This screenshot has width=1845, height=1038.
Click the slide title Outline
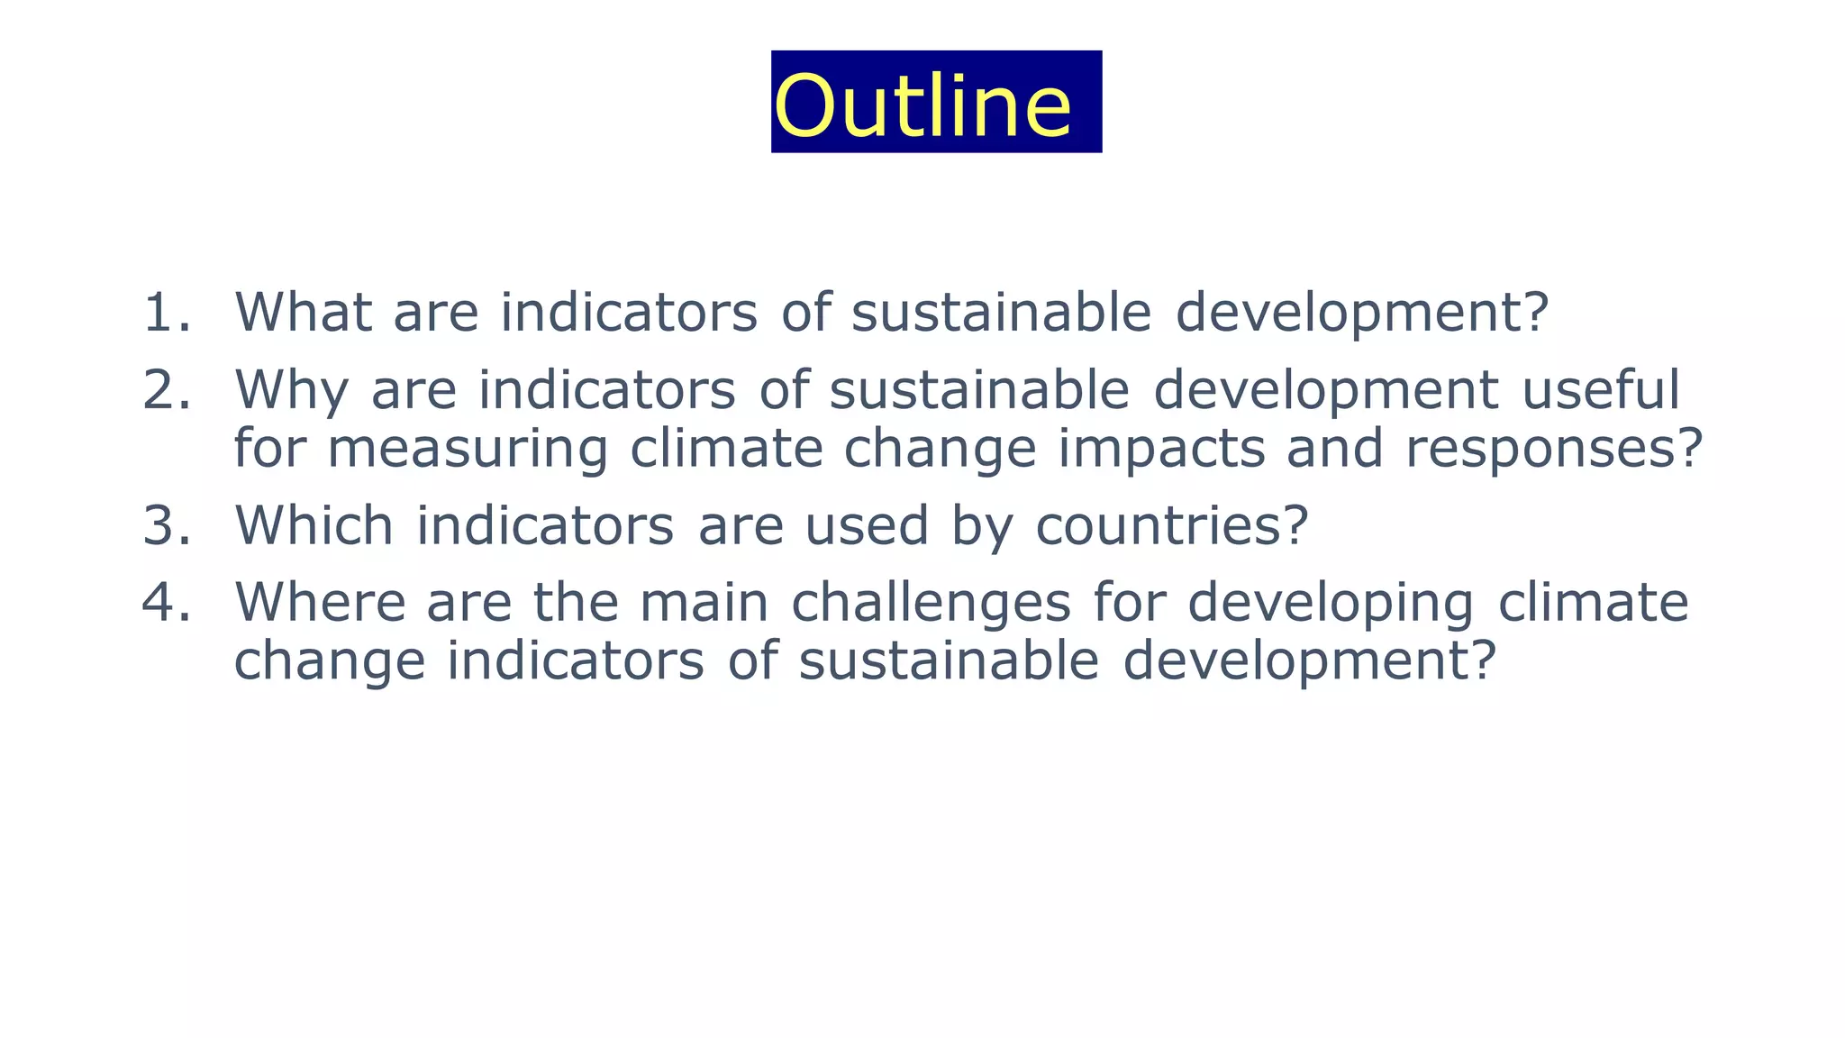pyautogui.click(x=923, y=105)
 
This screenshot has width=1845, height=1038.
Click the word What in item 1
pyautogui.click(x=304, y=313)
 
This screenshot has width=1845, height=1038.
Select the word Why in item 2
pyautogui.click(x=291, y=390)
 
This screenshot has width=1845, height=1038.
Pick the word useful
pyautogui.click(x=1601, y=390)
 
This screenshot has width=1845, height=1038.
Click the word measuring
pyautogui.click(x=468, y=449)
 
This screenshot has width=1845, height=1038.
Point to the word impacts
pyautogui.click(x=1161, y=449)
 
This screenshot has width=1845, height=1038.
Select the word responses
pyautogui.click(x=1541, y=449)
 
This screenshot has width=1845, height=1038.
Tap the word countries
pyautogui.click(x=1159, y=525)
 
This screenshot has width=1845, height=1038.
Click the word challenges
pyautogui.click(x=932, y=602)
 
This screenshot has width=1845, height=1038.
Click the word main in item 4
pyautogui.click(x=704, y=602)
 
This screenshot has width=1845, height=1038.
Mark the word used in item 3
pyautogui.click(x=867, y=525)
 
